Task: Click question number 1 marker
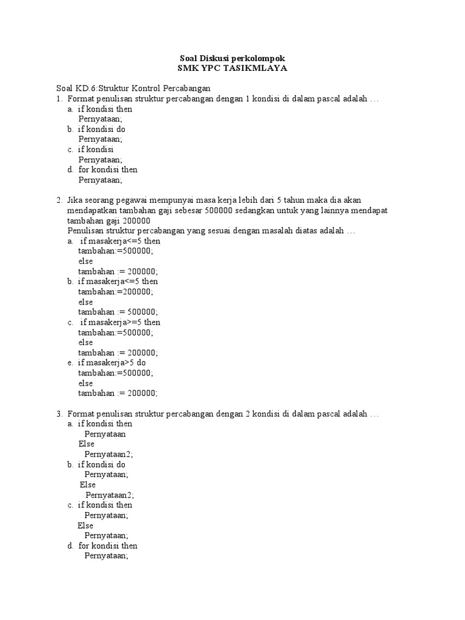click(59, 99)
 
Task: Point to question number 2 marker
click(59, 200)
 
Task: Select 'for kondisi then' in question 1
click(108, 170)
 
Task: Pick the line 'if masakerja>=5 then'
click(120, 322)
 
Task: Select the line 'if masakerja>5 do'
click(112, 363)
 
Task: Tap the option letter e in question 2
click(70, 363)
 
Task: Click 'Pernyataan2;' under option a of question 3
click(108, 454)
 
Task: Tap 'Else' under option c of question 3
click(85, 526)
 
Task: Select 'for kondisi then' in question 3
click(108, 546)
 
